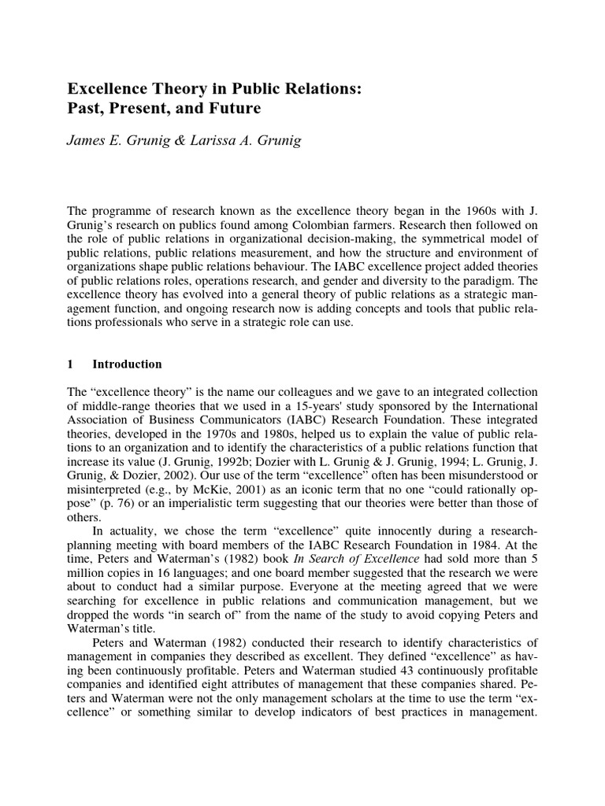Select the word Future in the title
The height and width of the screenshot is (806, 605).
[234, 108]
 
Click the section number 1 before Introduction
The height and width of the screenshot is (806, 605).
[70, 364]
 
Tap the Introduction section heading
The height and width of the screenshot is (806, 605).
[127, 364]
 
